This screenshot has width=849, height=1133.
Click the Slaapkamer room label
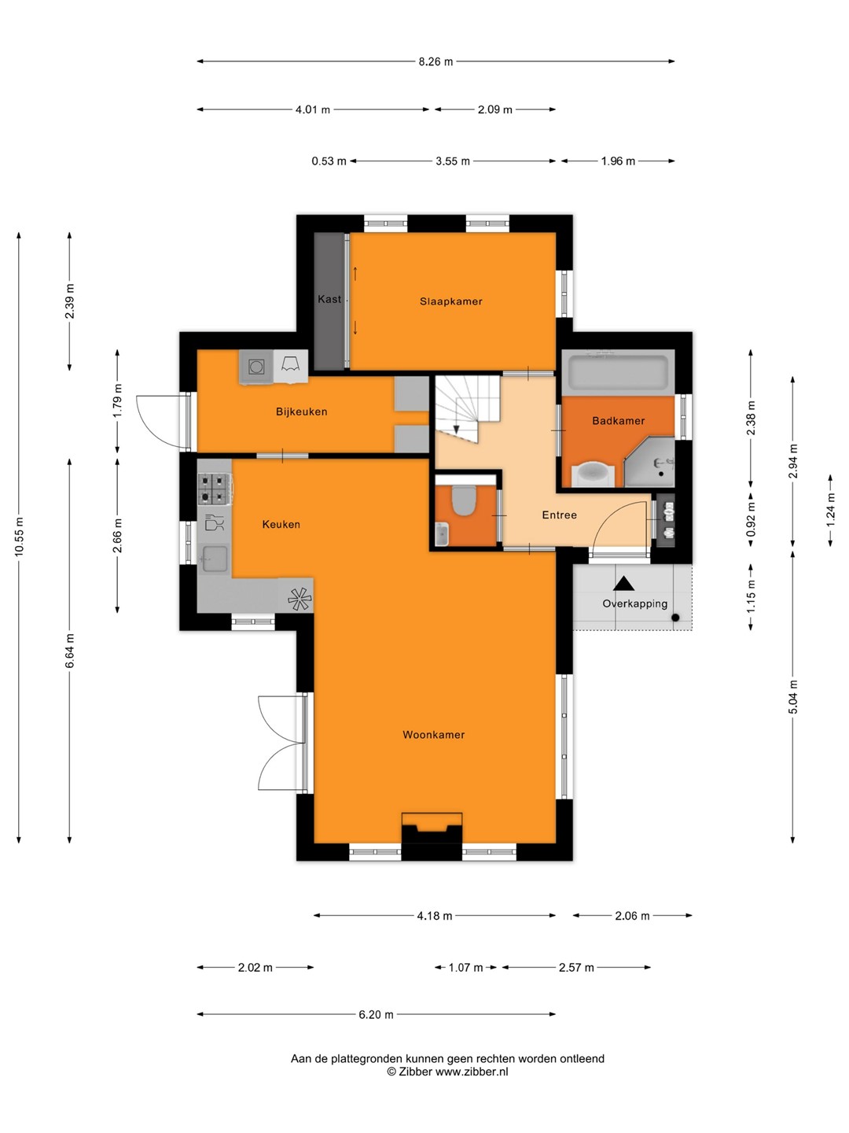pyautogui.click(x=450, y=301)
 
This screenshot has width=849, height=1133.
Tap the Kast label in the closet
pyautogui.click(x=329, y=299)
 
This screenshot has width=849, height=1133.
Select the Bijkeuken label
pyautogui.click(x=302, y=412)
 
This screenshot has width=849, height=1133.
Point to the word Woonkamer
pyautogui.click(x=433, y=735)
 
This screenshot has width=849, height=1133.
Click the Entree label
pyautogui.click(x=559, y=515)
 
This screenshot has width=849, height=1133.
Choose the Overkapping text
pyautogui.click(x=634, y=604)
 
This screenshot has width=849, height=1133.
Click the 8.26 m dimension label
pyautogui.click(x=436, y=62)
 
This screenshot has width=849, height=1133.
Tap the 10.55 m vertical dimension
pyautogui.click(x=19, y=536)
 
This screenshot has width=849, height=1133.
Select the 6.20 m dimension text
pyautogui.click(x=377, y=1015)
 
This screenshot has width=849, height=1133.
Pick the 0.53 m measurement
pyautogui.click(x=329, y=161)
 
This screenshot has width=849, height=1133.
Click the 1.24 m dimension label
pyautogui.click(x=830, y=510)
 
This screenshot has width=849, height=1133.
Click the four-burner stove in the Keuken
pyautogui.click(x=215, y=489)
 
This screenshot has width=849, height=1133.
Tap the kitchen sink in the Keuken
pyautogui.click(x=215, y=559)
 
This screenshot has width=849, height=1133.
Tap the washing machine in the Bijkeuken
pyautogui.click(x=256, y=367)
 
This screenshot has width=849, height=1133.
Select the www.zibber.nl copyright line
pyautogui.click(x=447, y=1072)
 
